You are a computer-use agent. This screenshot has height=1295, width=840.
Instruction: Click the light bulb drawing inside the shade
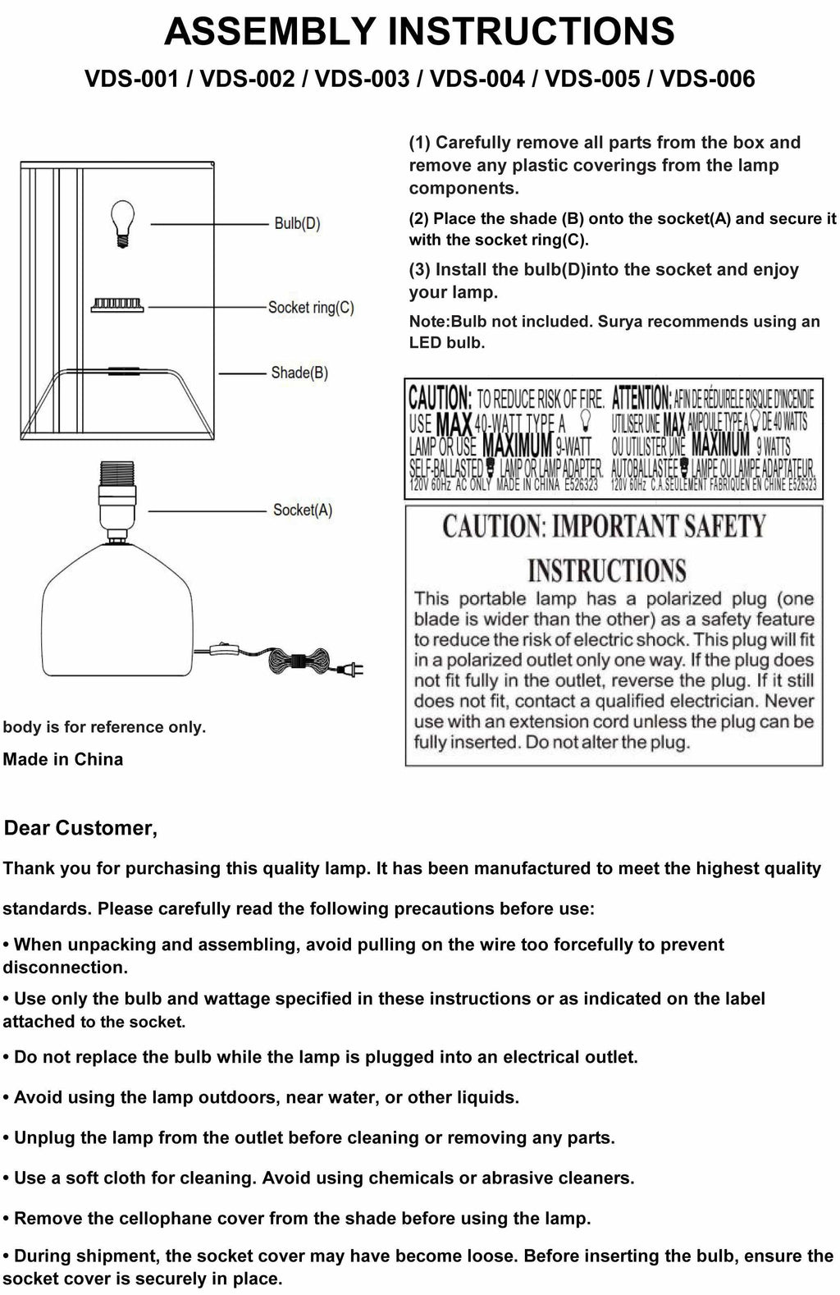(x=122, y=222)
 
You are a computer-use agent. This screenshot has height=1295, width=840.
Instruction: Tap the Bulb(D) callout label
(x=297, y=223)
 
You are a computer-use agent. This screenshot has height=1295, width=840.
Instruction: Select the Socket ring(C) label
(x=311, y=308)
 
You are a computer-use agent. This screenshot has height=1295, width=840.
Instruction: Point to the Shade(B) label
(x=299, y=373)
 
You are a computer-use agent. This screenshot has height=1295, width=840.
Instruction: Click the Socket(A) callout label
(x=303, y=510)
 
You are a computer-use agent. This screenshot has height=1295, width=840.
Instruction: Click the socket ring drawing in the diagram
(x=117, y=305)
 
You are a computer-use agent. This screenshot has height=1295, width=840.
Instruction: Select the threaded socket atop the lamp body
(x=116, y=496)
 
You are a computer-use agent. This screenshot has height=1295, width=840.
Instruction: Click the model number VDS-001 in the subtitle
(x=131, y=79)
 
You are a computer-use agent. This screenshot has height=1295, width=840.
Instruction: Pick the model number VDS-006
(x=707, y=79)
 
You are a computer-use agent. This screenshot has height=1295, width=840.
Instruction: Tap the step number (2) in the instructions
(x=419, y=219)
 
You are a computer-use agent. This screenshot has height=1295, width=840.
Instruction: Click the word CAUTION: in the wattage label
(x=440, y=399)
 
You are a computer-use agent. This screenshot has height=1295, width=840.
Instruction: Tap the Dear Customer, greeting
(x=80, y=828)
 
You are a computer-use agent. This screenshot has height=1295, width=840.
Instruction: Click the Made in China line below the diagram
(x=63, y=760)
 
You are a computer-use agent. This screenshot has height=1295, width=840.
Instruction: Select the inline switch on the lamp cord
(x=218, y=651)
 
